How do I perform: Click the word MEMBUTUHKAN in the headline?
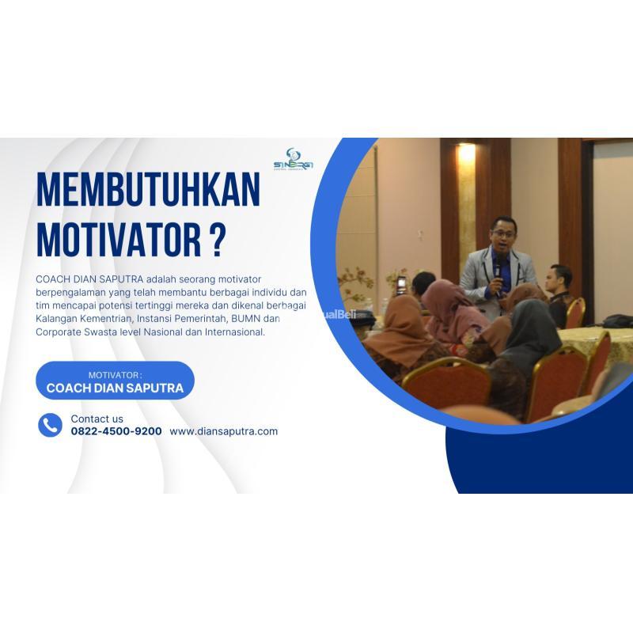point(148,191)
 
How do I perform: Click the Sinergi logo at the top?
point(293,159)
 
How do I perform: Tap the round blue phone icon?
point(50,425)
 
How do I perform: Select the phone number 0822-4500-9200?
point(116,431)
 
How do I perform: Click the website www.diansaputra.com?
point(224,431)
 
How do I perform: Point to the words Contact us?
point(97,419)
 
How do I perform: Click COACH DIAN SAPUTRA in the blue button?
point(116,388)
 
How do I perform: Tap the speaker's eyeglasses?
point(503,230)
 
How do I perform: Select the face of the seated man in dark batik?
point(560,279)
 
